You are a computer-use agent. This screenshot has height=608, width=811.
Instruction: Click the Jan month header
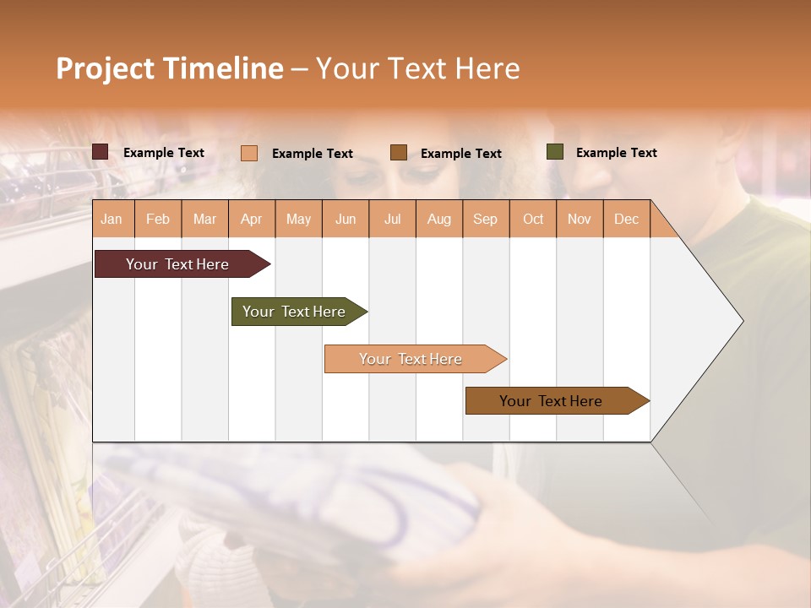point(112,219)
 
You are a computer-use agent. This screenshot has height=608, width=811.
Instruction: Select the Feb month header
point(158,219)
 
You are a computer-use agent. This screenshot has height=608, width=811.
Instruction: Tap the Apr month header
point(251,219)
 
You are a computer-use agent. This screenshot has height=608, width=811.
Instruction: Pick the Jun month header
point(346,219)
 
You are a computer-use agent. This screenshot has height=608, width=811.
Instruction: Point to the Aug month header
point(438,219)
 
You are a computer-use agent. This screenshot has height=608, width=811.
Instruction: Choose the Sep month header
point(485,219)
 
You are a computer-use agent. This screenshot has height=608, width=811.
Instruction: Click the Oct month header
point(533,219)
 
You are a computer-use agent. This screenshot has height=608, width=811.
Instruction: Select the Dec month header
point(626,219)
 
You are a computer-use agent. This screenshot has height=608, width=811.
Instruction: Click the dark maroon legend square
point(101,152)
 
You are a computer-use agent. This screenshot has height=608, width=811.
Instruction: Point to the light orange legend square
point(249,153)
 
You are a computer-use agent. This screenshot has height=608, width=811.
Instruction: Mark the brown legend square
point(399,153)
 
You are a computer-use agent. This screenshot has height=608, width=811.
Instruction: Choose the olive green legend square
point(555,152)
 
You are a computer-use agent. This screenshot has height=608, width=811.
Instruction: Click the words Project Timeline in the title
point(170,68)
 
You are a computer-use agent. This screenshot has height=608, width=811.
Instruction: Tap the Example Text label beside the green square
point(616,153)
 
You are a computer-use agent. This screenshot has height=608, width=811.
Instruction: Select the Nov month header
point(580,219)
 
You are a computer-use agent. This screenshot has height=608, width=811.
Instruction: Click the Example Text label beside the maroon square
point(164,153)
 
